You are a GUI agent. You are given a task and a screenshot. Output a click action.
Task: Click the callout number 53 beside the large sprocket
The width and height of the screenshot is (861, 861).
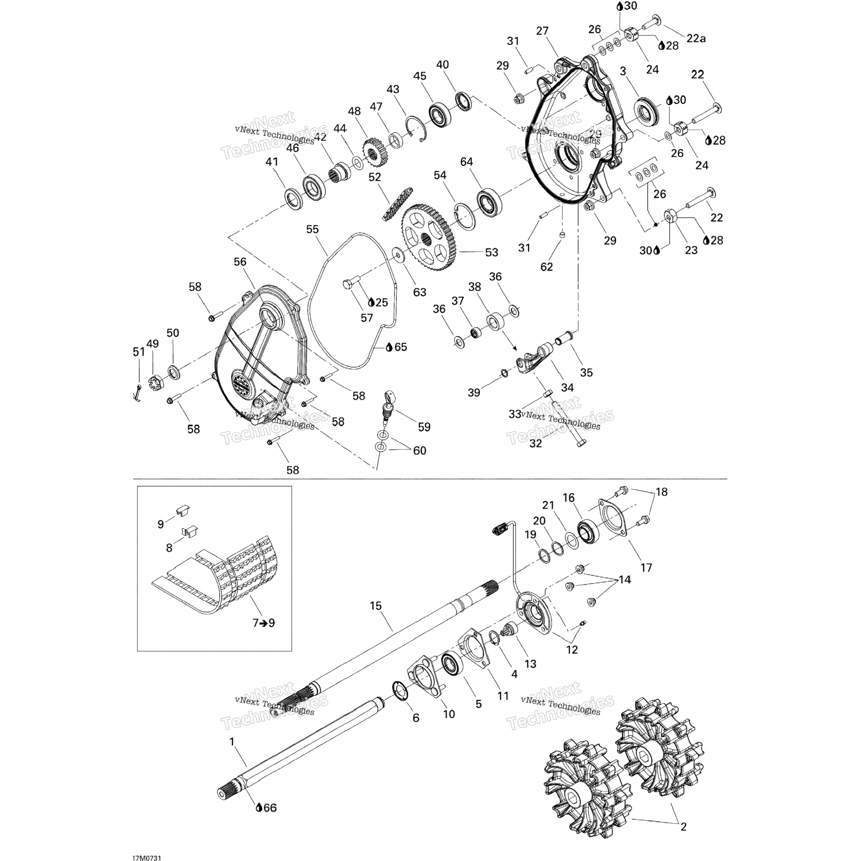click(x=491, y=252)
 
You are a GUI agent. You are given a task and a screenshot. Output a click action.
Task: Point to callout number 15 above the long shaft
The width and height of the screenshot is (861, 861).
click(x=375, y=606)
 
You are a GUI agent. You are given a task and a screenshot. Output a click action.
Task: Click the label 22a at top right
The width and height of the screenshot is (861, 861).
click(x=696, y=38)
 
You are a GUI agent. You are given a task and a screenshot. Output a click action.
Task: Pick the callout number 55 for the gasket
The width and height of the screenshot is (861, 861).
click(x=312, y=229)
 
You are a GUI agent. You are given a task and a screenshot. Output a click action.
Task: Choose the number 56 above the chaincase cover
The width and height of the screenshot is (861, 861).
click(x=240, y=262)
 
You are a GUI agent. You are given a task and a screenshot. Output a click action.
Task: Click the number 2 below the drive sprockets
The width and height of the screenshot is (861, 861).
click(x=683, y=827)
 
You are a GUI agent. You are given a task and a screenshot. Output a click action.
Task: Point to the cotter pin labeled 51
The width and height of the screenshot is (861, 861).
click(x=138, y=393)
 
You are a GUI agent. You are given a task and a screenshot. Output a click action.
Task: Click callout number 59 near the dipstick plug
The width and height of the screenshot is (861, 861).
click(x=424, y=426)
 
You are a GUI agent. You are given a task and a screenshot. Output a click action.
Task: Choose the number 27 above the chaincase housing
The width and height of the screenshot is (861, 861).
click(x=542, y=31)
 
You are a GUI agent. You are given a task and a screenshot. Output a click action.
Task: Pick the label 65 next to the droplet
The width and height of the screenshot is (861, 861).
click(x=400, y=347)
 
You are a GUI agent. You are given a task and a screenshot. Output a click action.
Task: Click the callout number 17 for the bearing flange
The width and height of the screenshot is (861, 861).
click(x=646, y=568)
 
